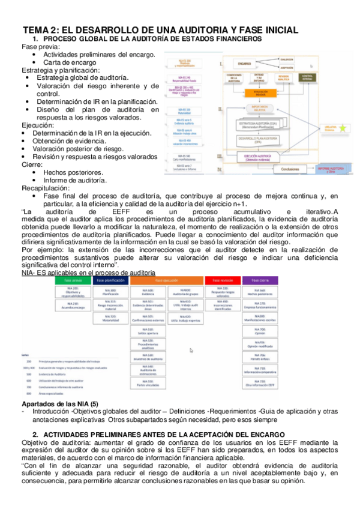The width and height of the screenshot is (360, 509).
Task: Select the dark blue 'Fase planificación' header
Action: (x=110, y=280)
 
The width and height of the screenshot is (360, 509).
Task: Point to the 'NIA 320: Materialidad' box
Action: (x=110, y=320)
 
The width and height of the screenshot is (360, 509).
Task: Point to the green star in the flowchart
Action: (x=343, y=128)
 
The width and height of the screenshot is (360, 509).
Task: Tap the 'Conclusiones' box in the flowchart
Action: (x=289, y=169)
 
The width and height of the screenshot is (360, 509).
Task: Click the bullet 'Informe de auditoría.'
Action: (x=75, y=179)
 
